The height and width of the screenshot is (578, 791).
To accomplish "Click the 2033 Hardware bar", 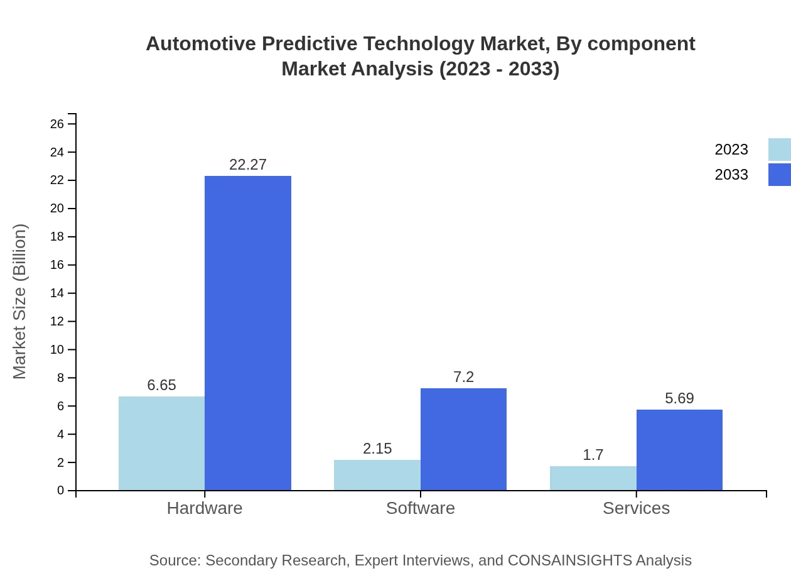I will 248,333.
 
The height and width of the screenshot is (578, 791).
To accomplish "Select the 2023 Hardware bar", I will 161,443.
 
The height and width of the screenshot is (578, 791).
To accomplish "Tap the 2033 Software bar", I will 463,439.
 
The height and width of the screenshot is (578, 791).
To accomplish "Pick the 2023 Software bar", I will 377,475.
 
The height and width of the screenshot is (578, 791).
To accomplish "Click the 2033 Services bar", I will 679,450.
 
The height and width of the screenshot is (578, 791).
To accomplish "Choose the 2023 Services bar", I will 593,478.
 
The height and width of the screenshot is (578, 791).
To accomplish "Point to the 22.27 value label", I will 248,165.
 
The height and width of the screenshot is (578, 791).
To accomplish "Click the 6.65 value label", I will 161,385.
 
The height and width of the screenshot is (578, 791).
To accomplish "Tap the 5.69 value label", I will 679,398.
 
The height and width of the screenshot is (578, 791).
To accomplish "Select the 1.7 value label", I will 593,455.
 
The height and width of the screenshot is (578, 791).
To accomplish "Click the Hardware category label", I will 205,508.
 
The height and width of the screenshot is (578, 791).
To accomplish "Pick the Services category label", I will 636,508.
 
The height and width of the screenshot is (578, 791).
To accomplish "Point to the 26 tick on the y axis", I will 57,124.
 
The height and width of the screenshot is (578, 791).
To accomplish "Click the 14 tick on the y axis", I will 57,293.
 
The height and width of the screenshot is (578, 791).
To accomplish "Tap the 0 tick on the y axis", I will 60,491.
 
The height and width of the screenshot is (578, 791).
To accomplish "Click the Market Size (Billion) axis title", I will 19,302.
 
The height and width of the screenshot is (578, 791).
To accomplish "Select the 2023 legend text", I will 731,150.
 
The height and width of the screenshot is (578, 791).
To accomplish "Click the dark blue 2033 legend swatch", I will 779,175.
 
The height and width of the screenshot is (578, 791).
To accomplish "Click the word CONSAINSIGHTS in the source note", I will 569,560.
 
